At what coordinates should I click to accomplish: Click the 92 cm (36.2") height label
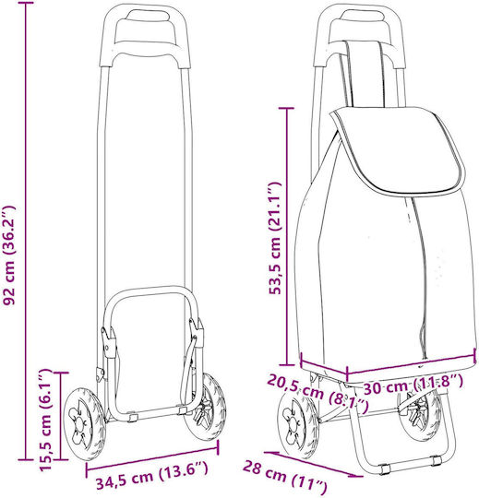point(8,255)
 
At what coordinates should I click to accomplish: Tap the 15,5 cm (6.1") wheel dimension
point(45,421)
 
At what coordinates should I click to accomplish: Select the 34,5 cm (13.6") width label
point(152,475)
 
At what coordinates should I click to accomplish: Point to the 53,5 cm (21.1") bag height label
point(275,238)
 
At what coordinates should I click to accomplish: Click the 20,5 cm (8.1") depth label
point(317,393)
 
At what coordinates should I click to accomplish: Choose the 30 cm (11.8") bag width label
point(413,385)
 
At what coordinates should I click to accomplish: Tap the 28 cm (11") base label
point(285,479)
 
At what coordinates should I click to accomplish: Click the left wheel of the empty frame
point(84,424)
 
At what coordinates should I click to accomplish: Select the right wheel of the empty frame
point(206,408)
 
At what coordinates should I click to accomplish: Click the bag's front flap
point(397,149)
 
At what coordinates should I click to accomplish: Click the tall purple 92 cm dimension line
point(26,231)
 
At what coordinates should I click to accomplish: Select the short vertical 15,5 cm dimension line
point(60,416)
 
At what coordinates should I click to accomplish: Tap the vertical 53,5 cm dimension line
point(288,237)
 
